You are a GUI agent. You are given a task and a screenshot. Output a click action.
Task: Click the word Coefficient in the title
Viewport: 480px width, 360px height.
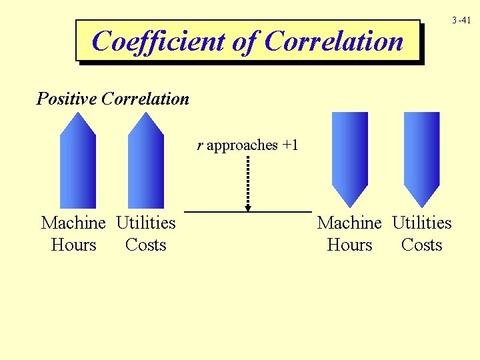(x=159, y=41)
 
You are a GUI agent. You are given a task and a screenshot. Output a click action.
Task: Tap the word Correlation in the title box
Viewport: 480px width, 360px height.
(x=334, y=41)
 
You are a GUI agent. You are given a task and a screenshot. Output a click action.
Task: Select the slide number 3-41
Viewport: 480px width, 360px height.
(x=461, y=21)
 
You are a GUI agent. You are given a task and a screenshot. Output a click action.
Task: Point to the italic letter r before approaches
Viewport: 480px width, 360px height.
(x=200, y=145)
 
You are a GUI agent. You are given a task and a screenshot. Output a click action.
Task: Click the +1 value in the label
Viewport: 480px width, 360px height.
(x=290, y=145)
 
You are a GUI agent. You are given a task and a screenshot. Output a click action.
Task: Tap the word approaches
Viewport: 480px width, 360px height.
(x=242, y=145)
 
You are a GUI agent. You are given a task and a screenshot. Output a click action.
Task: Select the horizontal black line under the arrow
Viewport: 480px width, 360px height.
(x=248, y=211)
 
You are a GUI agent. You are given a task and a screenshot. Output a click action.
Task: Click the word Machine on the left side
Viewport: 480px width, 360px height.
(x=73, y=223)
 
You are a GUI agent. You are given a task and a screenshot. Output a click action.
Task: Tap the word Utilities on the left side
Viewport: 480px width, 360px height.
(x=146, y=223)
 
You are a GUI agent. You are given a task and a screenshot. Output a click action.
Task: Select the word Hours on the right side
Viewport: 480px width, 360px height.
(x=349, y=245)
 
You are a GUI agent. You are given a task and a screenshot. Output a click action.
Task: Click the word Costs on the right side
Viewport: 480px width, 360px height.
(x=421, y=245)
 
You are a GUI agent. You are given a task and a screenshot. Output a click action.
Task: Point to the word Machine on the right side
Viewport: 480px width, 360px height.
(x=349, y=223)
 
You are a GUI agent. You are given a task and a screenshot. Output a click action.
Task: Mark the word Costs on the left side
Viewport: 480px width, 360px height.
(x=145, y=245)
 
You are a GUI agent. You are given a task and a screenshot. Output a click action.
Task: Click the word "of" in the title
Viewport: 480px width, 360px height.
(x=244, y=41)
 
